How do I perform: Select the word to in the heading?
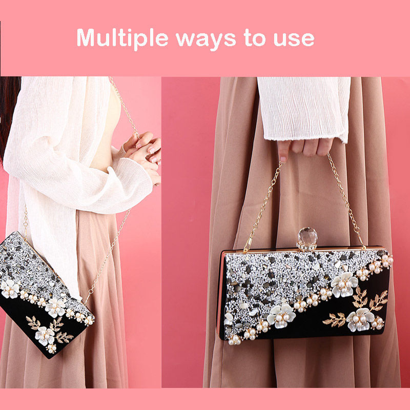coord(255,38)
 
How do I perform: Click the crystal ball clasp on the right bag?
coord(307,239)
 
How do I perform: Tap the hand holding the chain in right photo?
coord(305,149)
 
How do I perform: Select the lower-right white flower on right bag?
coord(360,319)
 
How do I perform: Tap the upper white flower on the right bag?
coord(344,284)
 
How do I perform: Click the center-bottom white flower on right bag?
coord(281,316)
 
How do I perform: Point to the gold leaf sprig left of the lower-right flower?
coord(335,319)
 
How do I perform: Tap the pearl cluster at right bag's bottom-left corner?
coord(234,339)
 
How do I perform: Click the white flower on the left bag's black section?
coord(45,336)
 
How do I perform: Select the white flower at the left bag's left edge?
coord(9,289)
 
